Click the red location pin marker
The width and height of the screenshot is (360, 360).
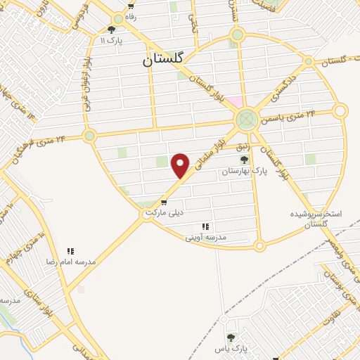point(181,165)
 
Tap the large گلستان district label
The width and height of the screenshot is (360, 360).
point(162,60)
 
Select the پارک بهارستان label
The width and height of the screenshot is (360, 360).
point(240,171)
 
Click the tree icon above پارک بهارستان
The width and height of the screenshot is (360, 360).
point(244,160)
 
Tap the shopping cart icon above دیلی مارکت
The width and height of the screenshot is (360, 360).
point(164,202)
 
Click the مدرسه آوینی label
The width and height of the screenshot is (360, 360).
point(205,238)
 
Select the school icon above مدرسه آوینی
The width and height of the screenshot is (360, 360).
point(205,226)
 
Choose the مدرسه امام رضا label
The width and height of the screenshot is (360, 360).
point(70,261)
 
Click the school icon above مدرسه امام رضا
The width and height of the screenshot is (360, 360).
point(70,250)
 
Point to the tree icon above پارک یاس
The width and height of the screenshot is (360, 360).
point(229,337)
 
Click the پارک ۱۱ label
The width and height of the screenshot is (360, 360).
point(111,41)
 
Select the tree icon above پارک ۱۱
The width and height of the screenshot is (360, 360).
point(111,30)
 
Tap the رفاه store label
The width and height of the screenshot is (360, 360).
point(131,15)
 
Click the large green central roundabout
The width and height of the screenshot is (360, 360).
point(247,119)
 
